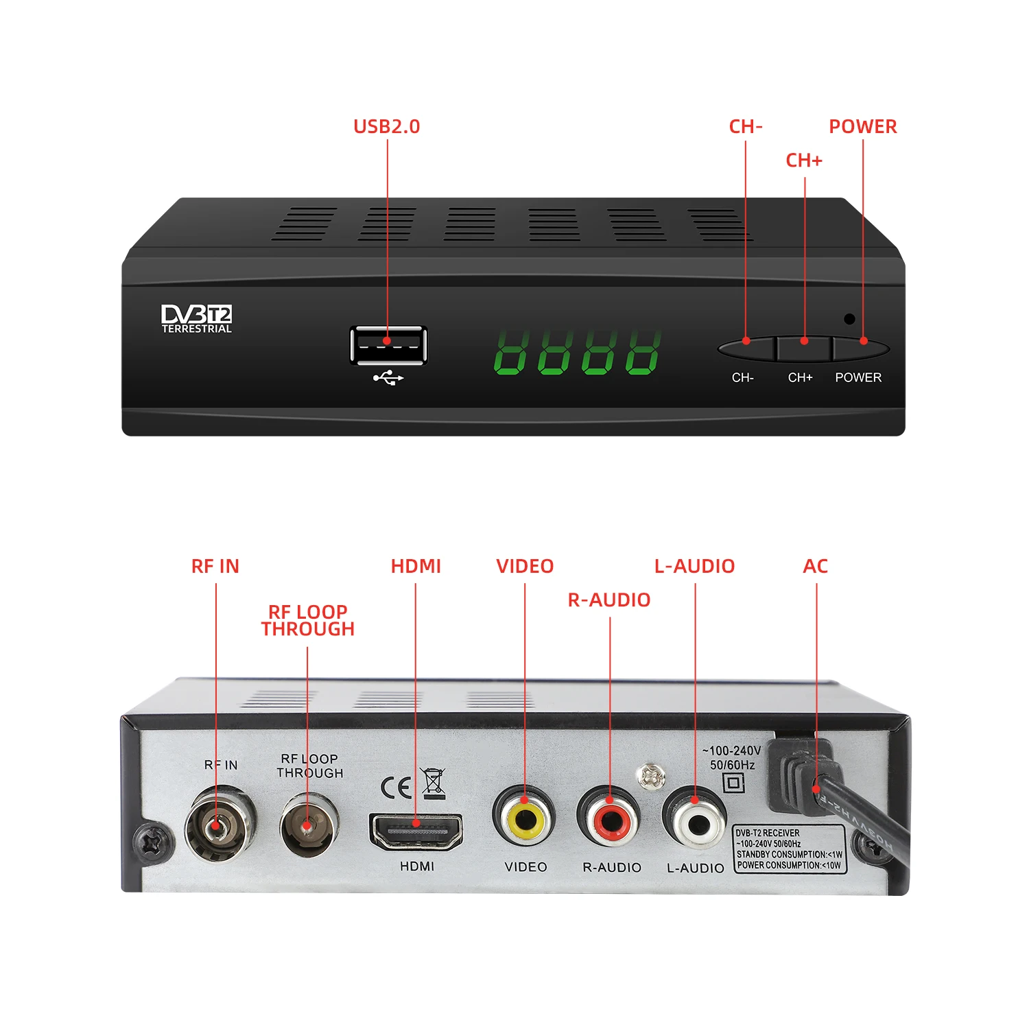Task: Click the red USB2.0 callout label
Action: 386,127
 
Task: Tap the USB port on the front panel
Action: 388,345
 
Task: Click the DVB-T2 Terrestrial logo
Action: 197,319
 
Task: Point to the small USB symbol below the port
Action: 388,378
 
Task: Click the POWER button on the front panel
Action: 861,348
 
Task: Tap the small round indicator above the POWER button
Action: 849,319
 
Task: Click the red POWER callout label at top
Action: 862,127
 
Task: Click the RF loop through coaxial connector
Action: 308,825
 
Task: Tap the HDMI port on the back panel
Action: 416,831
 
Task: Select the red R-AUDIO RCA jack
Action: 610,817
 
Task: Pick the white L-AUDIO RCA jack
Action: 695,818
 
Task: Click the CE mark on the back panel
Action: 396,788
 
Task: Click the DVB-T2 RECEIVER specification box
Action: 789,849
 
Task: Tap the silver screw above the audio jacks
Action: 650,777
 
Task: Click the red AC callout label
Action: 815,567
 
